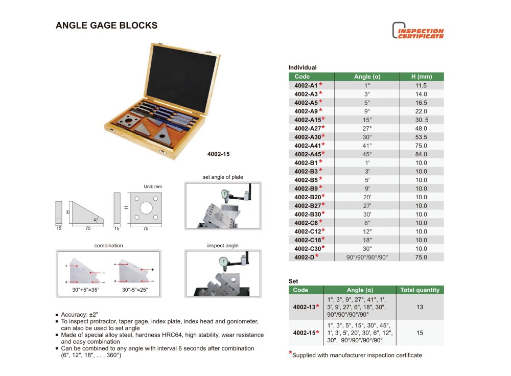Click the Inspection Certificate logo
tap(417, 31)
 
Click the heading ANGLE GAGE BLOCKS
tap(106, 25)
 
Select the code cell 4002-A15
tap(306, 120)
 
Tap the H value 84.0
tap(421, 154)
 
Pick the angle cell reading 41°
tap(367, 146)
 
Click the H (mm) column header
tap(421, 77)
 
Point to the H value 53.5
tap(421, 137)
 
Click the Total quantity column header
tap(420, 290)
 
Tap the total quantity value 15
tap(420, 333)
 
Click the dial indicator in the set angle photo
tap(224, 194)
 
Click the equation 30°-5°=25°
tap(135, 290)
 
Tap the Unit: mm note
tap(152, 187)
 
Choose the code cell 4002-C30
tap(306, 248)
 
